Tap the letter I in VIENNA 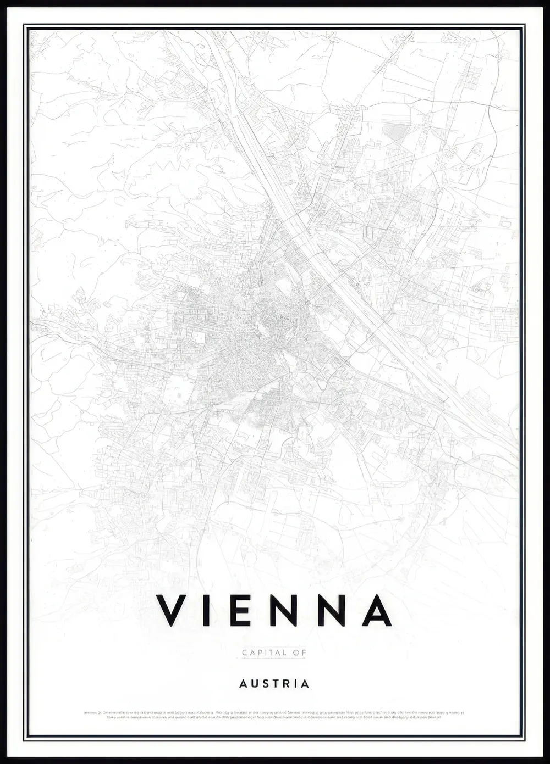[206, 610]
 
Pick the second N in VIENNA [331, 610]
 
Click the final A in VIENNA [377, 610]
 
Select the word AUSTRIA [274, 684]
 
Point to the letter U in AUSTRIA [255, 684]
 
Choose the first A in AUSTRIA [243, 684]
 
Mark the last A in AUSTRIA [305, 684]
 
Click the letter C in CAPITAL [245, 653]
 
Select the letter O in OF [296, 653]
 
